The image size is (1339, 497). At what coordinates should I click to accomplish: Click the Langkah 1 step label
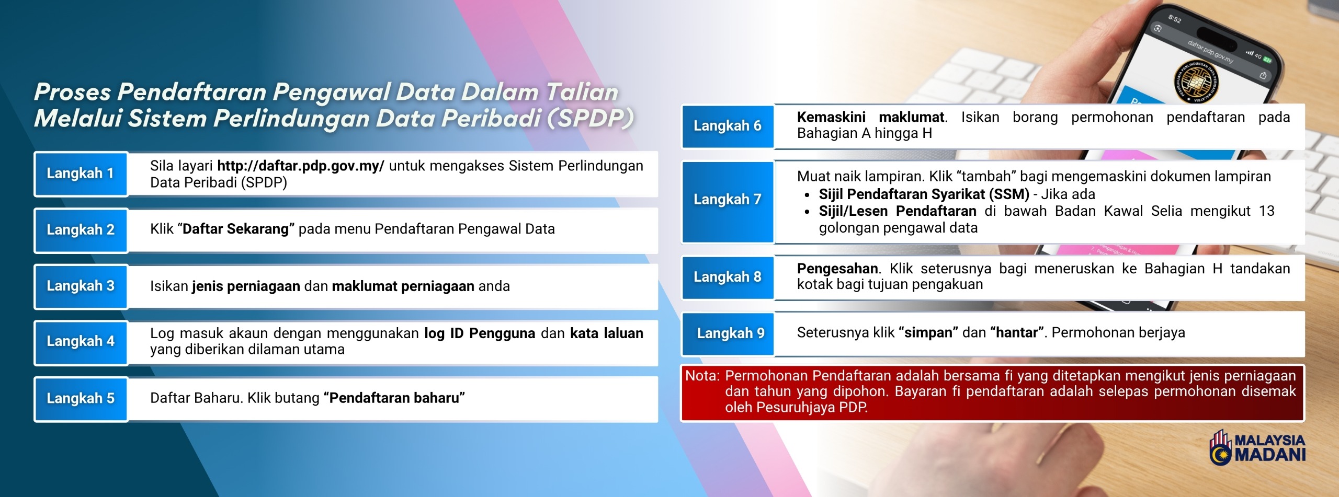[x=80, y=174]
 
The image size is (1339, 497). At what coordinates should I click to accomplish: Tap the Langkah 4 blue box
[x=80, y=342]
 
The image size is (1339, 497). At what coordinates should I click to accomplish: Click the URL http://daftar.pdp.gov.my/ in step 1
[x=301, y=166]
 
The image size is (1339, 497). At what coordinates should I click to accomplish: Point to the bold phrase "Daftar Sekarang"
[x=239, y=229]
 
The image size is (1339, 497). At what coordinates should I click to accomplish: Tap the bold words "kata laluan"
[x=607, y=333]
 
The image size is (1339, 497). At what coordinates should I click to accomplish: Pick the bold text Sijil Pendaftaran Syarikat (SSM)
[x=924, y=194]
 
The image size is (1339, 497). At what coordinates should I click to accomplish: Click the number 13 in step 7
[x=1267, y=211]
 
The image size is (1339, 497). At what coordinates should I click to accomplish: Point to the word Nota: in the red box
[x=702, y=375]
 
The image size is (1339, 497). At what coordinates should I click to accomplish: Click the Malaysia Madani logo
[x=1257, y=447]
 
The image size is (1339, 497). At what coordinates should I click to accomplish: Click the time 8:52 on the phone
[x=1175, y=19]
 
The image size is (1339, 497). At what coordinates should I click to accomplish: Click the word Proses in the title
[x=73, y=92]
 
